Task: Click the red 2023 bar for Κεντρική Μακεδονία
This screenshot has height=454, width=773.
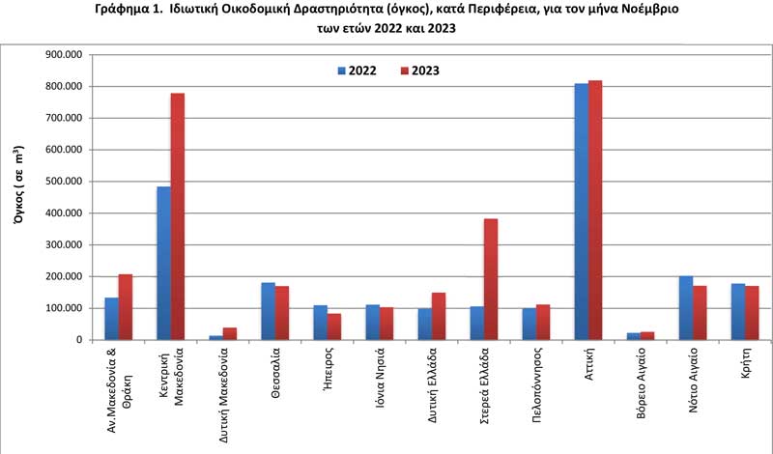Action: point(178,216)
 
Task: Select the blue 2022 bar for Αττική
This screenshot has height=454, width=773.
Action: point(582,212)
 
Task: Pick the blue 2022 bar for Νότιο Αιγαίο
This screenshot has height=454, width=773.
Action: point(686,308)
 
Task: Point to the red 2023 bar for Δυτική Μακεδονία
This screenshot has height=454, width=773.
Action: point(230,333)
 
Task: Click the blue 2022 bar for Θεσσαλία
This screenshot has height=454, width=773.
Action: point(269,311)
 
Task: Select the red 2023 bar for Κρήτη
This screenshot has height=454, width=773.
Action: point(753,313)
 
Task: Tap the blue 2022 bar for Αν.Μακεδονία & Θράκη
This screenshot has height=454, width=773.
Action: point(111,319)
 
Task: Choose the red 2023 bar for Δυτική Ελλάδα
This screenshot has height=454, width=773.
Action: point(439,316)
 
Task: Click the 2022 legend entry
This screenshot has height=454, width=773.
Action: point(357,71)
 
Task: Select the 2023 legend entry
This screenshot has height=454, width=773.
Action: point(419,71)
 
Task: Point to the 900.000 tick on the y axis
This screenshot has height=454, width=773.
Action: point(64,55)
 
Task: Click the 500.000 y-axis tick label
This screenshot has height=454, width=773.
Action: point(64,182)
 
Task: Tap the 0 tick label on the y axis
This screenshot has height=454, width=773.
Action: point(79,340)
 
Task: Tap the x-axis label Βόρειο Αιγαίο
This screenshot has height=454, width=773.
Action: point(641,383)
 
